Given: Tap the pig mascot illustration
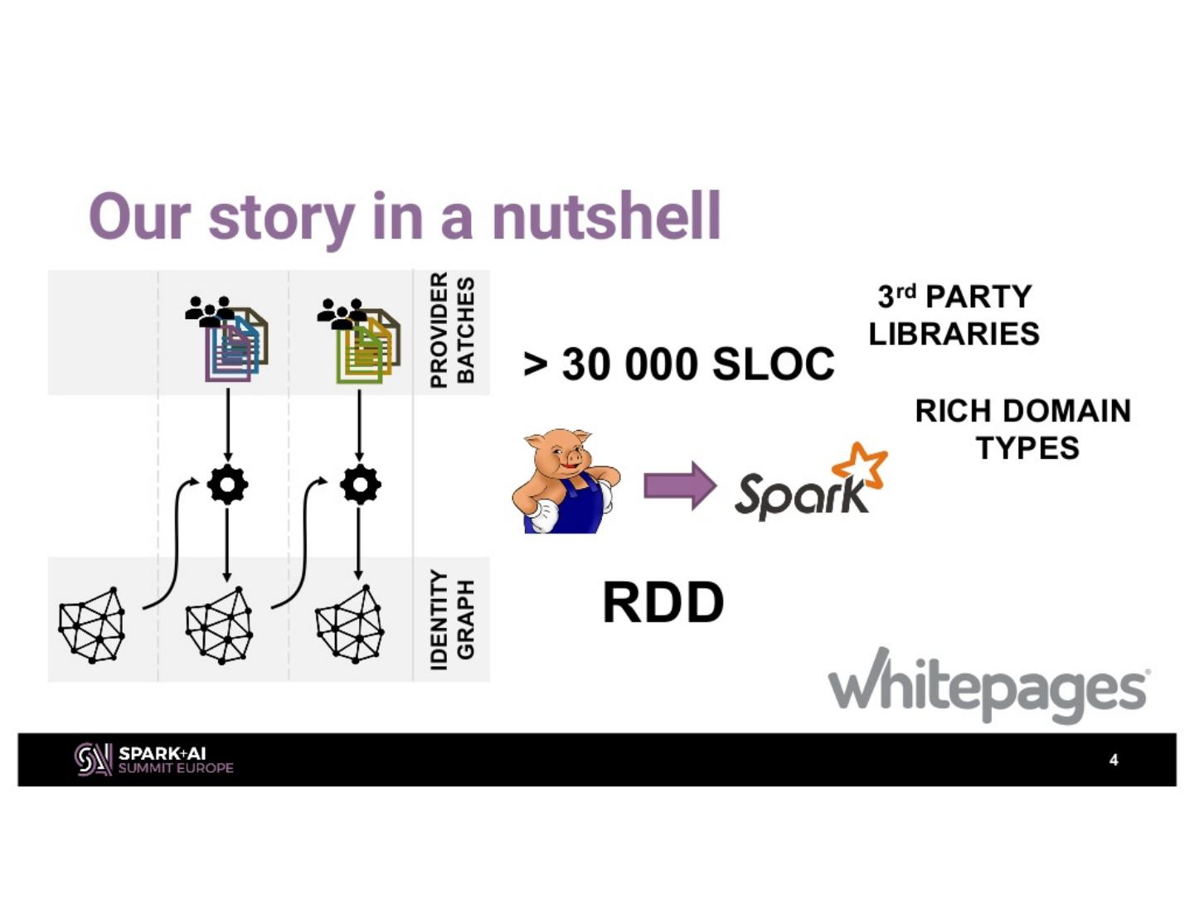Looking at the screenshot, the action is coord(565,481).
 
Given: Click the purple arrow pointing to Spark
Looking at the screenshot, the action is coord(680,486).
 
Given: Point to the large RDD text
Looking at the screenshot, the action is coord(663,603).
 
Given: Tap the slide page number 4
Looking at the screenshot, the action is coord(1114,760).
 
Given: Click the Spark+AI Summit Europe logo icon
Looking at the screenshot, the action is coord(93,760).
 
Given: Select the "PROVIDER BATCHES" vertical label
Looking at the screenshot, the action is coord(452,331).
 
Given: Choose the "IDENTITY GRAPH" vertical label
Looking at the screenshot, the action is coord(452,620).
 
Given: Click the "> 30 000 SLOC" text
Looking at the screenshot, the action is coord(680,364).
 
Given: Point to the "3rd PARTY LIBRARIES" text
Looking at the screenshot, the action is coord(954,315).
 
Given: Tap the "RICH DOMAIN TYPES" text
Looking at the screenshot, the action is coord(1023,429).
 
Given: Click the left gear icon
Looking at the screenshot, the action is coord(227,485).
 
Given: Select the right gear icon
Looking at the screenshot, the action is coord(360,485).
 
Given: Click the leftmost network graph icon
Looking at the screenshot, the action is coord(92,625).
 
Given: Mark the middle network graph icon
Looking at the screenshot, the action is coord(219,626).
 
